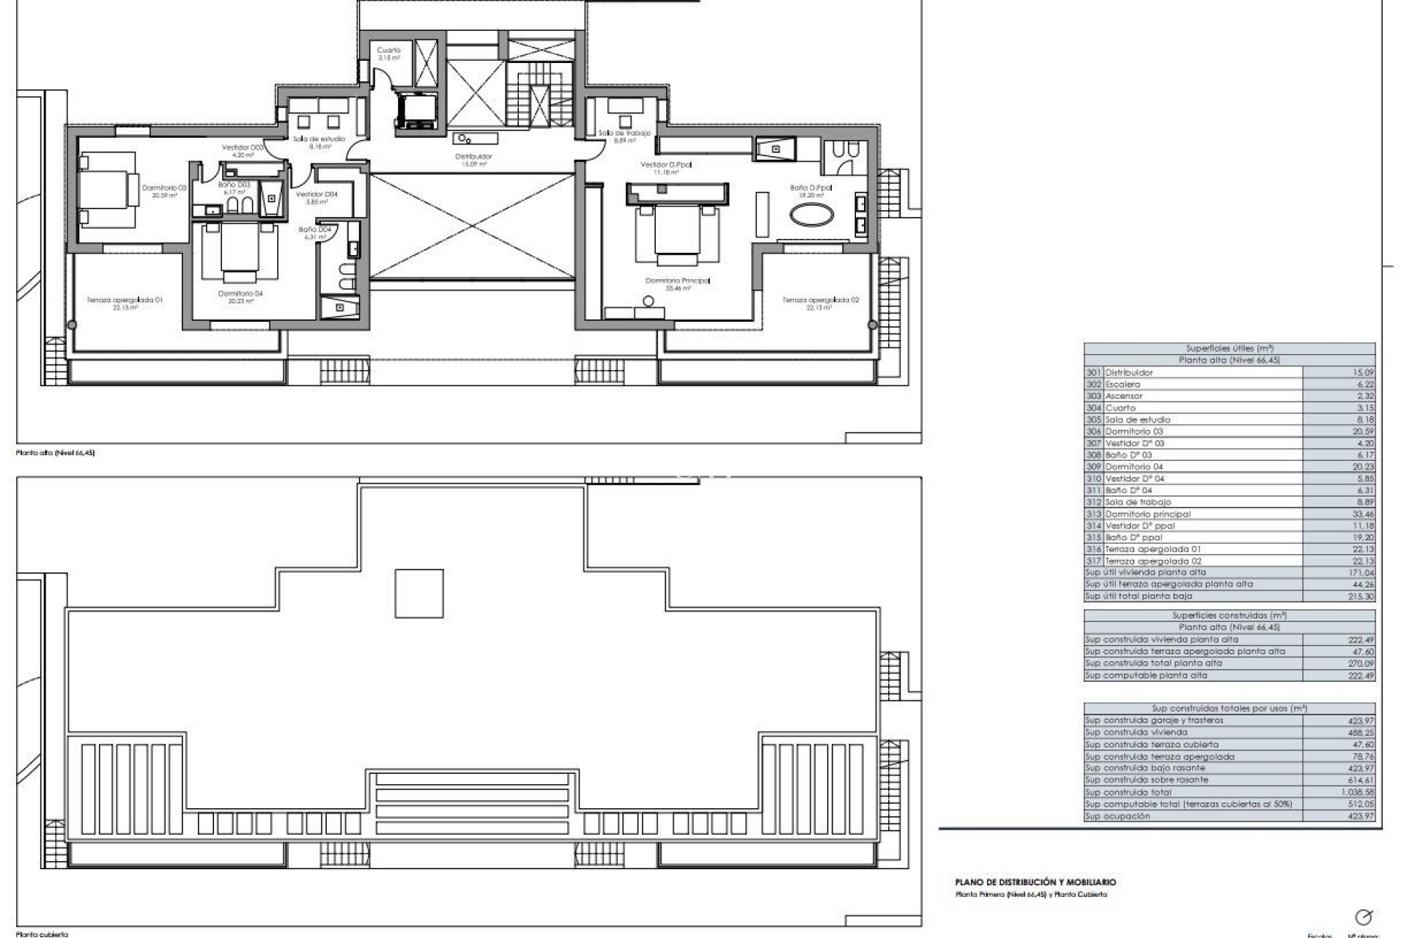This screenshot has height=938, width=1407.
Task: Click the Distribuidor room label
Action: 473,157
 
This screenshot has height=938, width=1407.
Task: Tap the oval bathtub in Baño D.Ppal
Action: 810,215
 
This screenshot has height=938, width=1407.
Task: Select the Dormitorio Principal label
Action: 677,281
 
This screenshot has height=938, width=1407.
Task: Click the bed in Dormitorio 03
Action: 108,188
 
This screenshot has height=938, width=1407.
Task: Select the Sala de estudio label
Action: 319,139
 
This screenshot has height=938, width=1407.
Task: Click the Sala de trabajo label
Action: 624,133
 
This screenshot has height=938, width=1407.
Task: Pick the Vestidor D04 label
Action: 317,195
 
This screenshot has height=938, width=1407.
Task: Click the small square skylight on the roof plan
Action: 419,594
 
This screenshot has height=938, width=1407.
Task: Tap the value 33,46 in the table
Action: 1362,514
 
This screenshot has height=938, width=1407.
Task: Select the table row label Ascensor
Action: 1124,396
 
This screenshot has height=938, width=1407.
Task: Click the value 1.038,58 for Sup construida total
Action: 1359,792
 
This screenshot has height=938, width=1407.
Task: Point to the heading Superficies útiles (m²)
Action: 1229,349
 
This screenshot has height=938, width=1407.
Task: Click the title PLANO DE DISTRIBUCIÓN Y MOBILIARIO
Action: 1035,882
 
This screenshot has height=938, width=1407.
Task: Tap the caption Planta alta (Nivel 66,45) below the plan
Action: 56,453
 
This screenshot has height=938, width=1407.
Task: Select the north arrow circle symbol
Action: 1363,917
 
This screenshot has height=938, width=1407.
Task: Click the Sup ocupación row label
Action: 1118,816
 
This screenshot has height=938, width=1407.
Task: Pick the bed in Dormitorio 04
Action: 239,251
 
